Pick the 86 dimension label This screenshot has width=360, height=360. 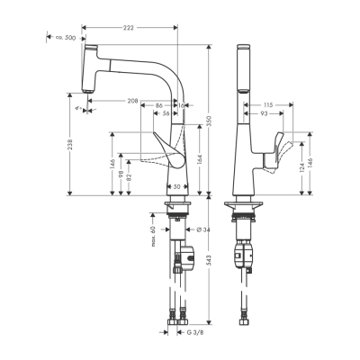coord(158,106)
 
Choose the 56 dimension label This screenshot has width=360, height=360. coord(166,114)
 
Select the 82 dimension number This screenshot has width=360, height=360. coord(130,178)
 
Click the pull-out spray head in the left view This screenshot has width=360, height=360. coord(87,67)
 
